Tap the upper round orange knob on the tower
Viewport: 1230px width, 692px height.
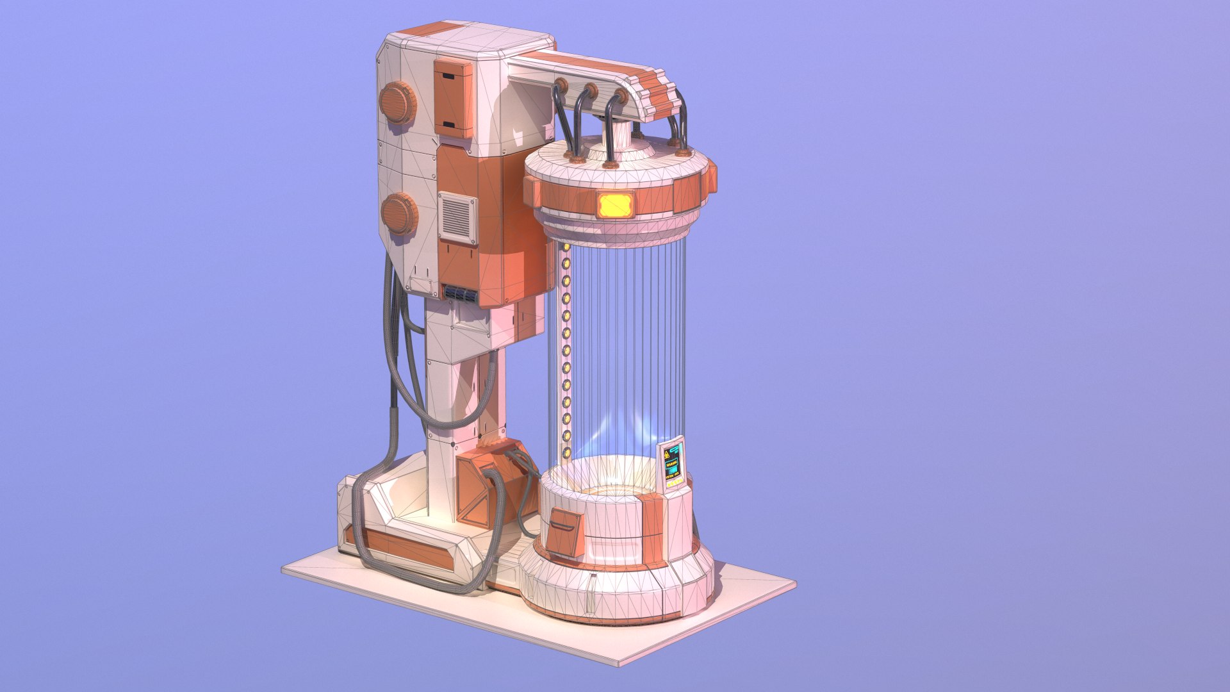pos(397,103)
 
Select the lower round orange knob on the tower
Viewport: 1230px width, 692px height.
pos(398,213)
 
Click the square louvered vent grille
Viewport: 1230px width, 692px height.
pos(457,217)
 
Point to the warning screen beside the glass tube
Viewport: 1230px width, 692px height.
pos(673,463)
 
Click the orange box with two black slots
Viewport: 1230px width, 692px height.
pos(452,99)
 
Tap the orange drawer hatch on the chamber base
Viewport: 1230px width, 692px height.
pos(564,532)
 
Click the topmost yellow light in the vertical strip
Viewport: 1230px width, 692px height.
pos(566,247)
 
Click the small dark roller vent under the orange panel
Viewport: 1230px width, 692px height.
pos(461,293)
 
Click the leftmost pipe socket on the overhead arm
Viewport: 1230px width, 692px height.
pos(561,85)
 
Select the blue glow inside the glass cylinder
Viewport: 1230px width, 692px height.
pos(615,429)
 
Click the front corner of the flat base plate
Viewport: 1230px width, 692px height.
pos(619,664)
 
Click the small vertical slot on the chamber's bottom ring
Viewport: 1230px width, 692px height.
pos(592,595)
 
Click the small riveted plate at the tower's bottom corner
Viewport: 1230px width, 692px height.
pos(422,284)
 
